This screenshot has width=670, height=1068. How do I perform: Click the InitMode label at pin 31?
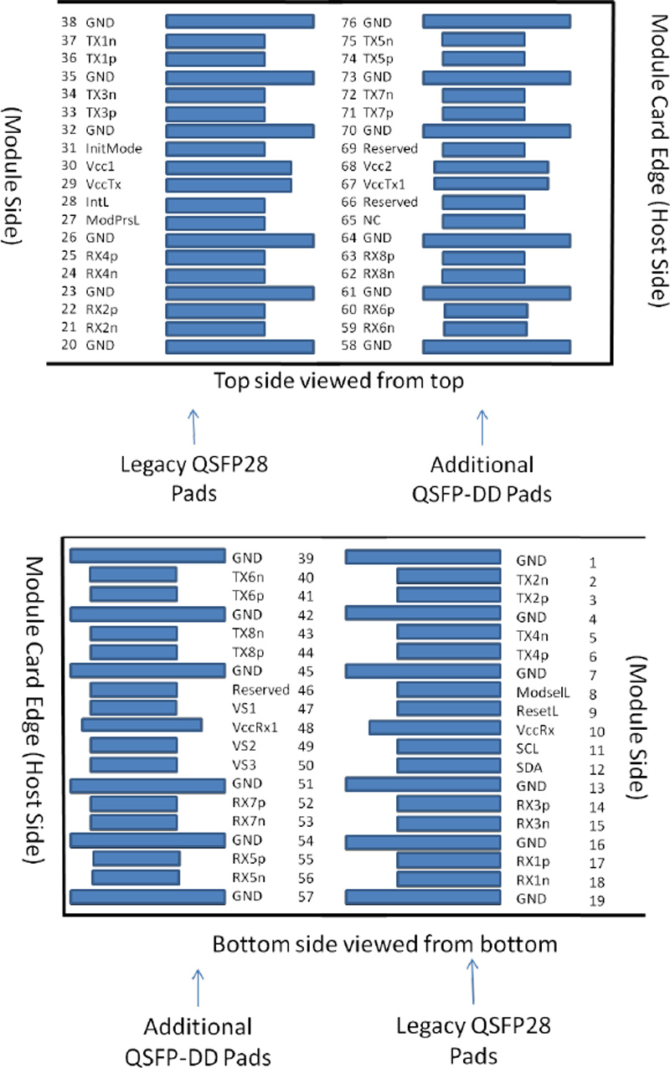[x=114, y=149]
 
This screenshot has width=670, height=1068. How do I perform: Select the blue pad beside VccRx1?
[x=142, y=726]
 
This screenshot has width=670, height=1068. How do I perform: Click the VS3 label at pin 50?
[x=246, y=764]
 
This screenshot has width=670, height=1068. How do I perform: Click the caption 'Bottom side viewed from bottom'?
[x=384, y=944]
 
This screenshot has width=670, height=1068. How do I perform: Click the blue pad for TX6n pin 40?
[x=133, y=575]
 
